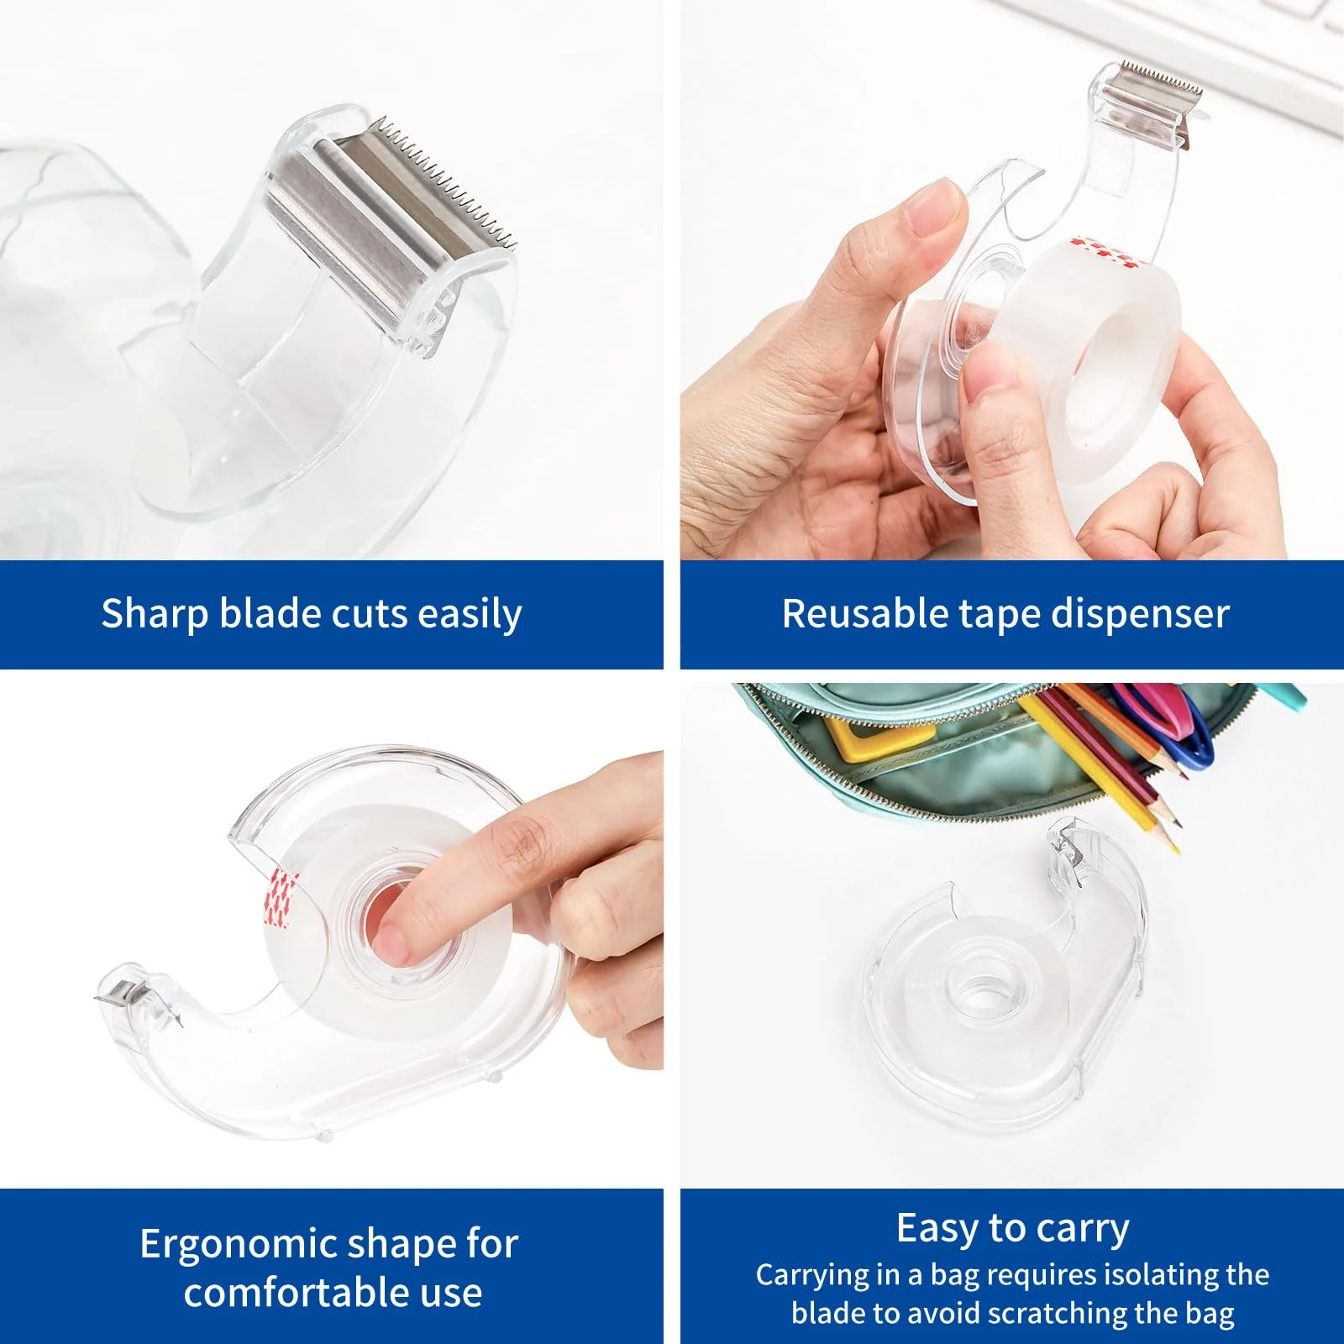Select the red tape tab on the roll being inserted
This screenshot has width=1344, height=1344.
point(1106,251)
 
